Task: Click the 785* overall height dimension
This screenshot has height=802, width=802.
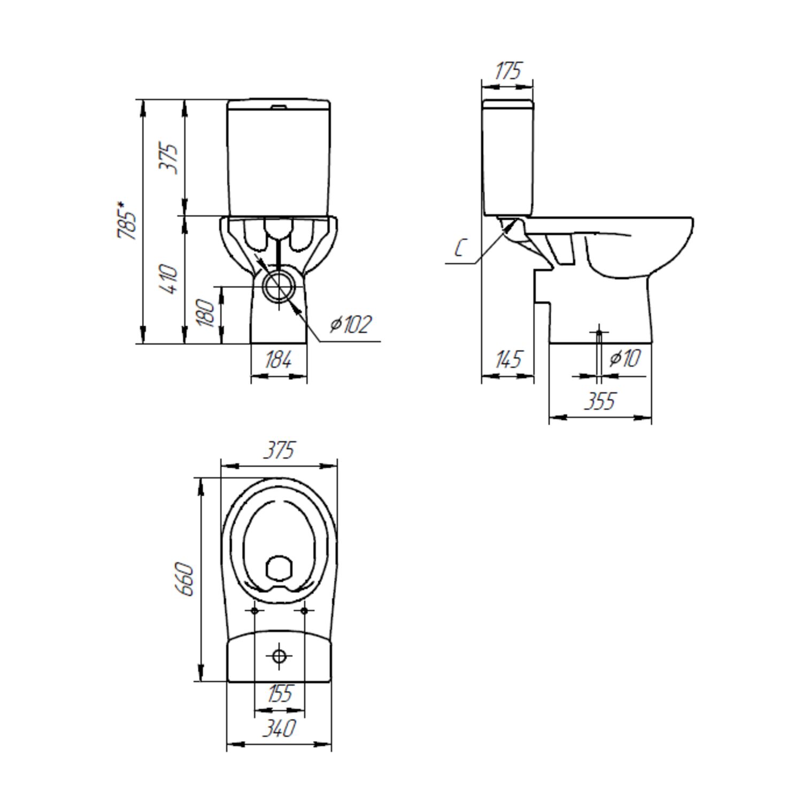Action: (127, 221)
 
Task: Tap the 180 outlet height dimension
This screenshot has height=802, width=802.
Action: (206, 313)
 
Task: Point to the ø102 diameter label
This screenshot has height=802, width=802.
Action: (350, 324)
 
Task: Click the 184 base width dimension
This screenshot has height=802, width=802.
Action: (279, 361)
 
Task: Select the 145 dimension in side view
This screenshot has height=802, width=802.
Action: (507, 359)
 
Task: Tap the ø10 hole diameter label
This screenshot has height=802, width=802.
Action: (624, 358)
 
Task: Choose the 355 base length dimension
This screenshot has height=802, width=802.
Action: (600, 401)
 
